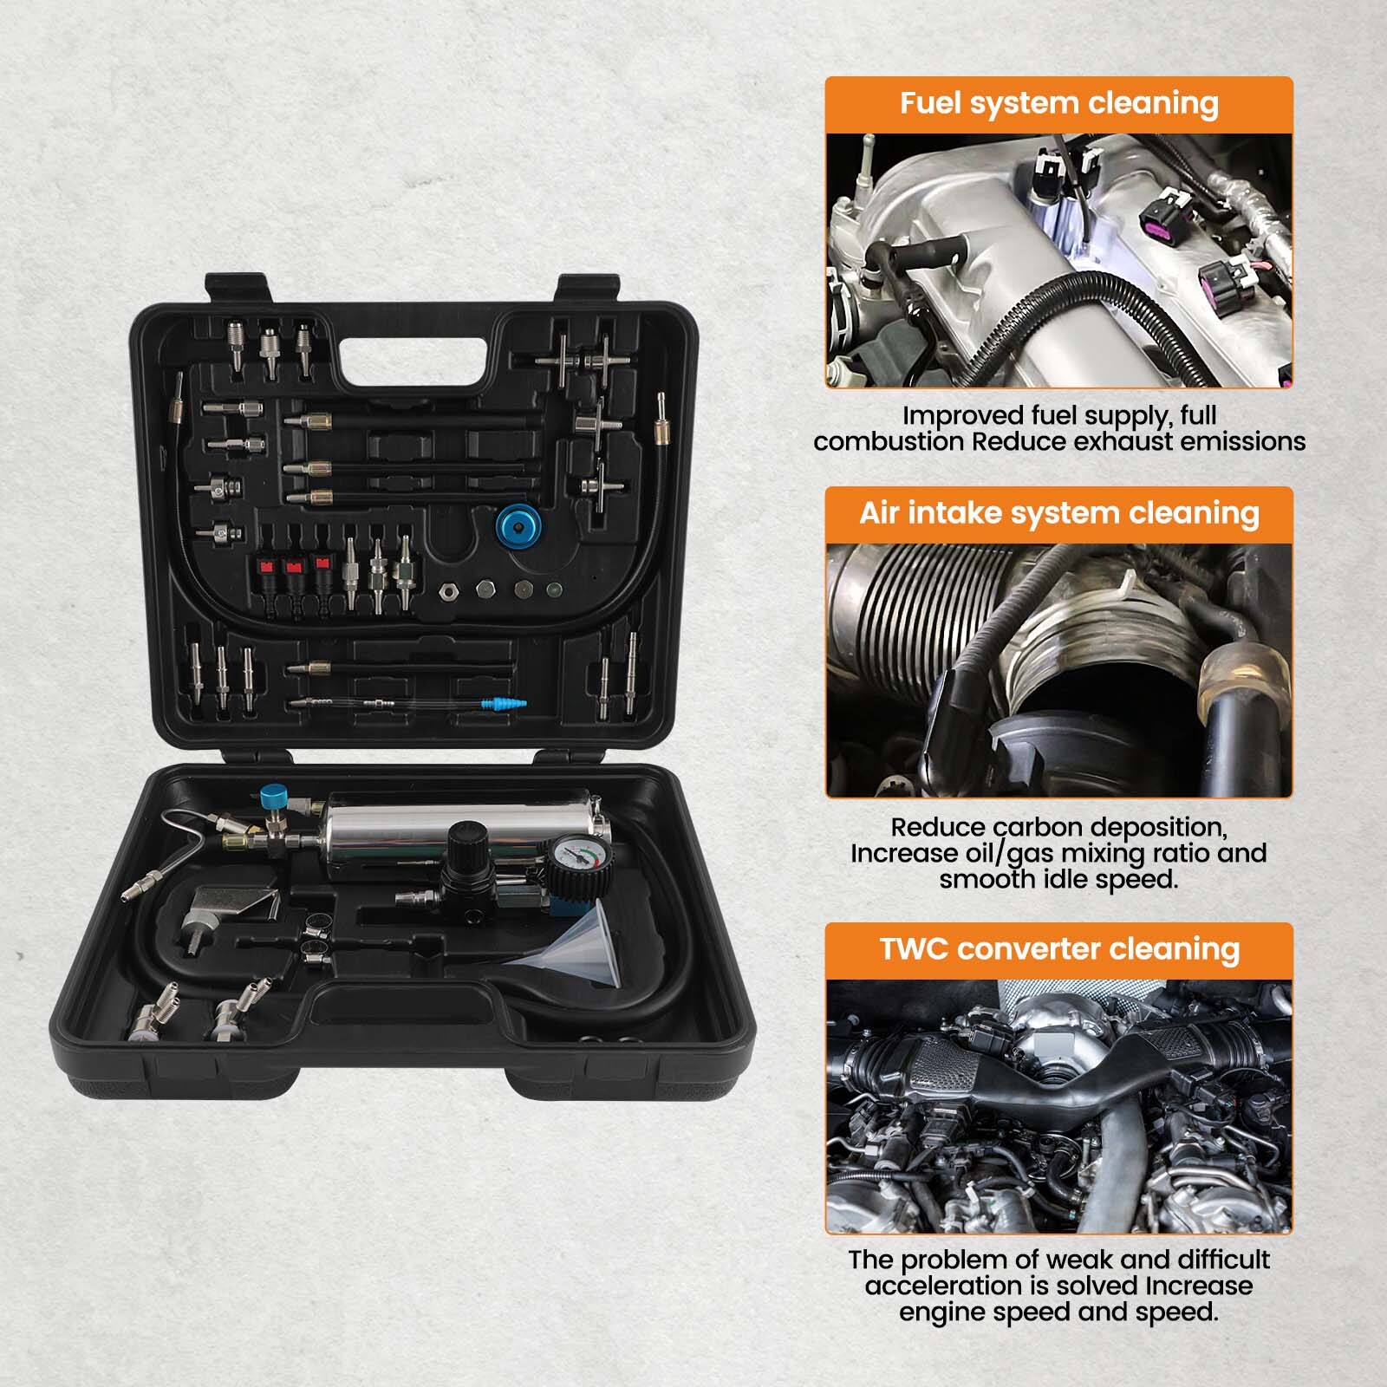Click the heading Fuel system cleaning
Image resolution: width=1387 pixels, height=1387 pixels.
[1058, 103]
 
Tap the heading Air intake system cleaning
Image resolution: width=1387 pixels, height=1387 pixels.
[1058, 513]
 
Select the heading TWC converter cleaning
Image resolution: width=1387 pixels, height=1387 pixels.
[1058, 949]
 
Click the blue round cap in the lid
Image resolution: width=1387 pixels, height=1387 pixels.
[518, 526]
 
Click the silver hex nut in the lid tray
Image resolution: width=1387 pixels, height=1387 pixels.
[448, 592]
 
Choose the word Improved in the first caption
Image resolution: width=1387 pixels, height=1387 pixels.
[963, 415]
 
